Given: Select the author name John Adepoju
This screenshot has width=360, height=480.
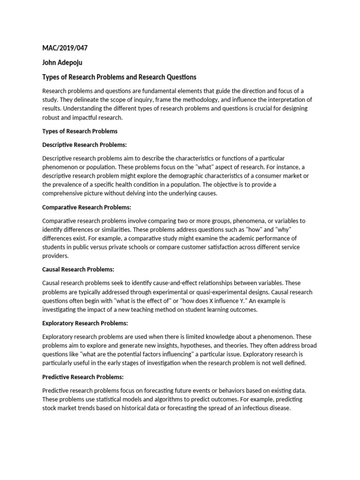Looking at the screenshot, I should (x=62, y=62).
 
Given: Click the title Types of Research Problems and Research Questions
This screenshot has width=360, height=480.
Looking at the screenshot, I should (x=119, y=77).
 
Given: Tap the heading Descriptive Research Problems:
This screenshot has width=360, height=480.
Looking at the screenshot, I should (x=84, y=144).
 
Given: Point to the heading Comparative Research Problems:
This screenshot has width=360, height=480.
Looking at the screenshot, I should (x=87, y=207).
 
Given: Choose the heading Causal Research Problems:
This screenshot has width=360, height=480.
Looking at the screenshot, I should (x=78, y=270).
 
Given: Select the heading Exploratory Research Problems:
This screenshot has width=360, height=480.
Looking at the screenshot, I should (x=85, y=323).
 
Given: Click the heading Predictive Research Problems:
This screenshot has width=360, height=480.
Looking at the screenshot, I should (x=83, y=377).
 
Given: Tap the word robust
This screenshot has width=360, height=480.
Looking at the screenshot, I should (x=51, y=118).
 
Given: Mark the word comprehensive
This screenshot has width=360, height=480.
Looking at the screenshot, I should (x=65, y=194).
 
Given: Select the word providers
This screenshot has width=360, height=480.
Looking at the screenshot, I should (x=55, y=256).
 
